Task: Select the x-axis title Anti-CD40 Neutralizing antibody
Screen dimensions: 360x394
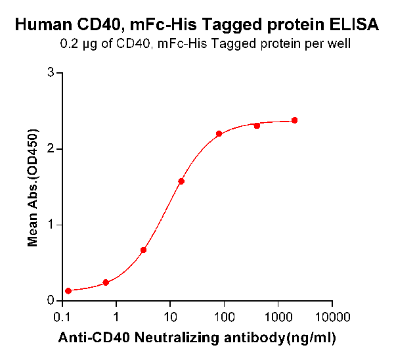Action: [198, 338]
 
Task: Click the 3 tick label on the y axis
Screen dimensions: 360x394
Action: [51, 73]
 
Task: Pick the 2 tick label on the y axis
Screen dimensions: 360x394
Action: [51, 149]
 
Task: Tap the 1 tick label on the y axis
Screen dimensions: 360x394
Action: [51, 225]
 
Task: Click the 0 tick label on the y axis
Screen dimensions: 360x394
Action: [51, 301]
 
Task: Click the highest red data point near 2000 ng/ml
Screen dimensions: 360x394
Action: [294, 120]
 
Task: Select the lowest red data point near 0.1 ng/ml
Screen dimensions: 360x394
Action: [68, 290]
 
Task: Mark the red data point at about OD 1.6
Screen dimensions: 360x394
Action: [181, 181]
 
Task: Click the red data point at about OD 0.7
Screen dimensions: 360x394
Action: [143, 250]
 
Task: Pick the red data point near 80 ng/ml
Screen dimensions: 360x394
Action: [219, 133]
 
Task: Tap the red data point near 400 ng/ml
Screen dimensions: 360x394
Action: [257, 125]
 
